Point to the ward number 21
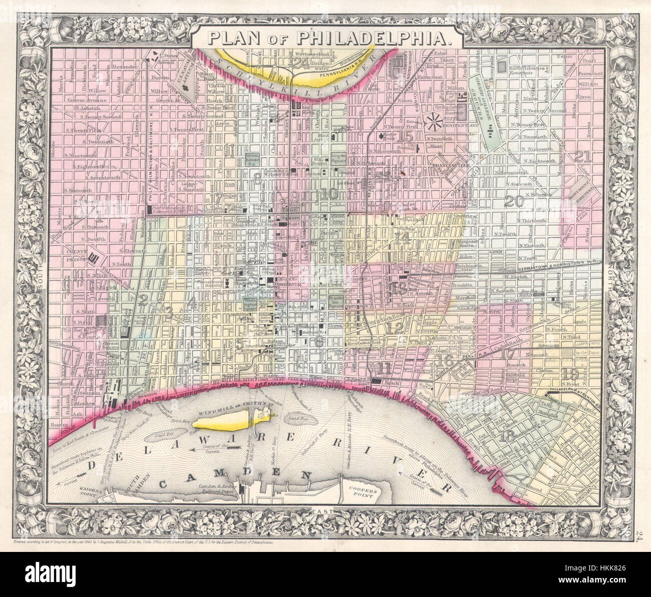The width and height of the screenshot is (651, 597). click(584, 156)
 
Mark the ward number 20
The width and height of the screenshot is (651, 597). click(514, 201)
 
